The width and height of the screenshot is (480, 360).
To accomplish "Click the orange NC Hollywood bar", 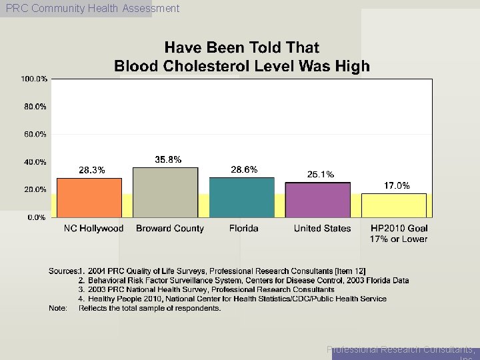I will tap(89, 197).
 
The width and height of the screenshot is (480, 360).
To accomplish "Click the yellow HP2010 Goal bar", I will tap(393, 205).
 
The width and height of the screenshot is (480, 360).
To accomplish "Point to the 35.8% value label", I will tap(168, 159).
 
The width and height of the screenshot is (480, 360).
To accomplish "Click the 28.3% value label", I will tap(92, 170).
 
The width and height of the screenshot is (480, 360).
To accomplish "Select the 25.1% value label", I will tap(320, 175).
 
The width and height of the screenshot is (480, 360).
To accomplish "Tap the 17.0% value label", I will tap(397, 186).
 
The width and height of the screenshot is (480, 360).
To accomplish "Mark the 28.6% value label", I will tap(244, 169).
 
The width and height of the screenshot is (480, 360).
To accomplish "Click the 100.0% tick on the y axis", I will tap(33, 79).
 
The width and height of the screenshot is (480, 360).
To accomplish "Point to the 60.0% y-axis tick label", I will tap(35, 134).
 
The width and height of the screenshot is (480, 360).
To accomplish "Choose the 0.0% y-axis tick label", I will tap(37, 217).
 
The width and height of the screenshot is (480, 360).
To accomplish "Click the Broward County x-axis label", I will tap(170, 229).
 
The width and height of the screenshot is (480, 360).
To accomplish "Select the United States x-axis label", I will tap(322, 229).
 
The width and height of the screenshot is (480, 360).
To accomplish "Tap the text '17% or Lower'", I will tap(399, 239).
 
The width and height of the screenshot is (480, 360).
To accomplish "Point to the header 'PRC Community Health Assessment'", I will tap(92, 9).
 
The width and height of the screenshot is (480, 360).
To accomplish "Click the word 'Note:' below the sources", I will tap(58, 308).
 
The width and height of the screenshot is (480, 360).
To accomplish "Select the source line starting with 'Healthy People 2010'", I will tap(233, 299).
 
